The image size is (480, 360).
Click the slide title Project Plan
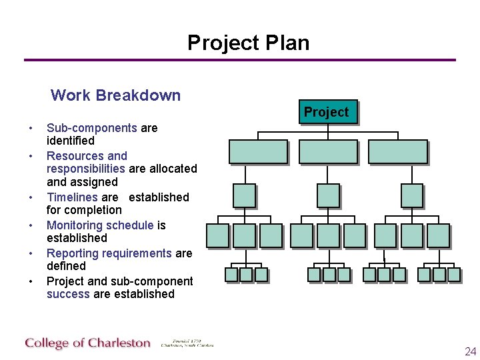[x=248, y=43]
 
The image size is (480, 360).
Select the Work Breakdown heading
[x=115, y=95]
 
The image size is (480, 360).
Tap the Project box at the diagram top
[x=326, y=112]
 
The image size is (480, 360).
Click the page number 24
[x=470, y=351]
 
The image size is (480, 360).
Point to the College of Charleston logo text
[x=88, y=343]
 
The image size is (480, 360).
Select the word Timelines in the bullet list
[x=72, y=197]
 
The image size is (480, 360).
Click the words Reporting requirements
[x=109, y=253]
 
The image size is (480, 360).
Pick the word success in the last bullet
[x=68, y=294]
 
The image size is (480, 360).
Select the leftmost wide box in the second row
[x=258, y=151]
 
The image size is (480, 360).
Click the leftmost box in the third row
[x=244, y=195]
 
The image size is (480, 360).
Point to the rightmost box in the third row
[x=411, y=195]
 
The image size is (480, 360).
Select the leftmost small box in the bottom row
[x=231, y=274]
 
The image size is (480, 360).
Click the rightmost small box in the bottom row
[x=454, y=274]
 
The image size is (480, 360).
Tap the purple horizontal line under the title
[x=240, y=60]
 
